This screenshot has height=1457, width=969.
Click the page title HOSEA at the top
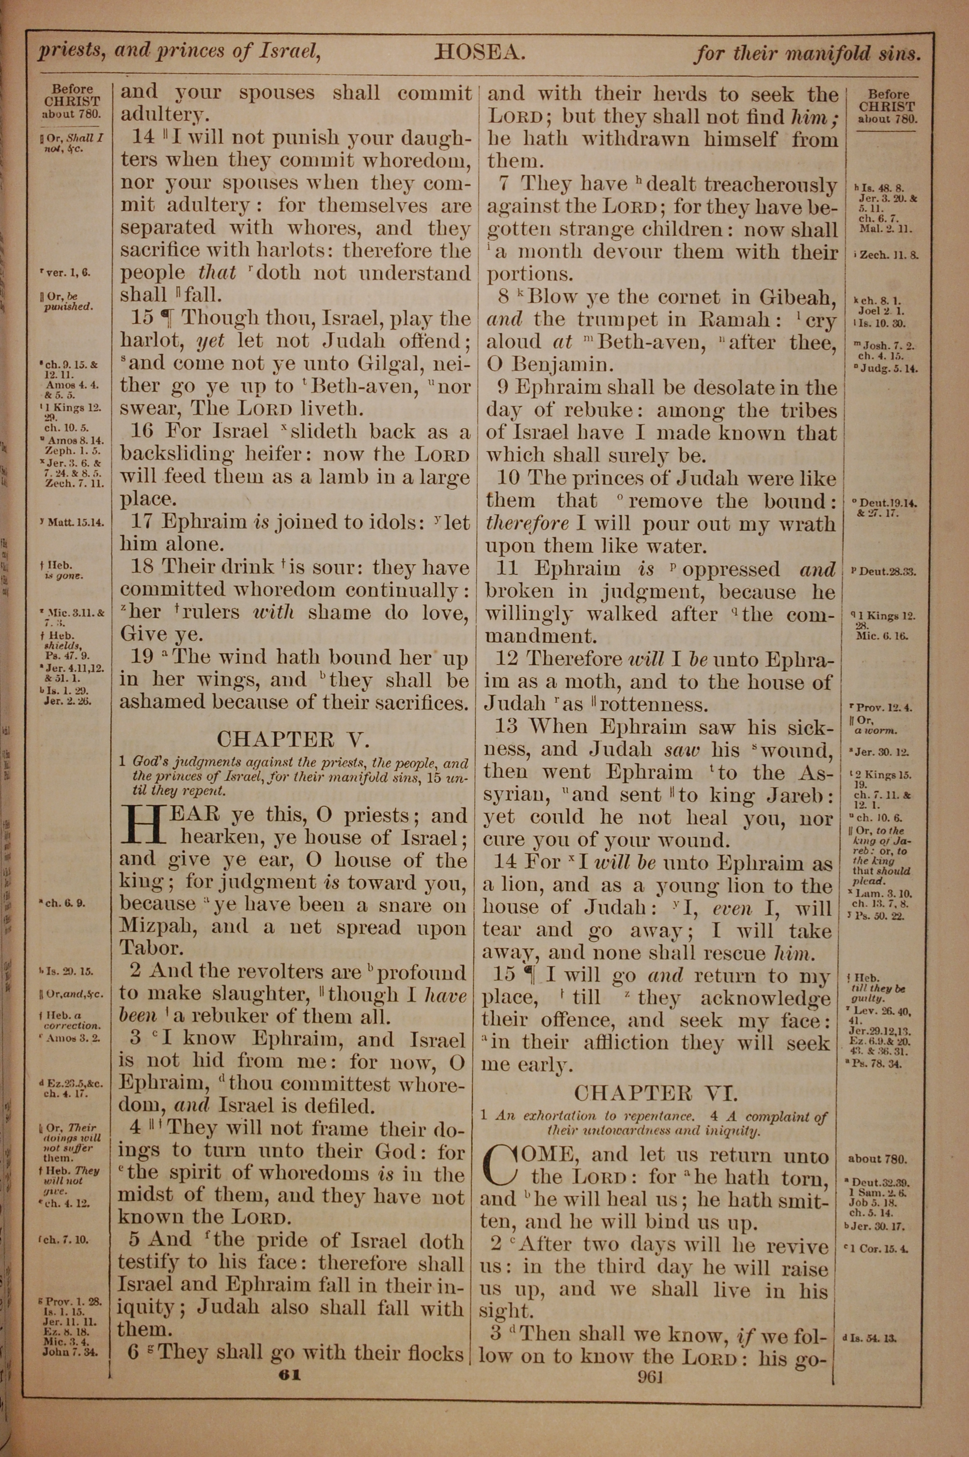480,53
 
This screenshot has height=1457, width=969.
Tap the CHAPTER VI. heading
656,1093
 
